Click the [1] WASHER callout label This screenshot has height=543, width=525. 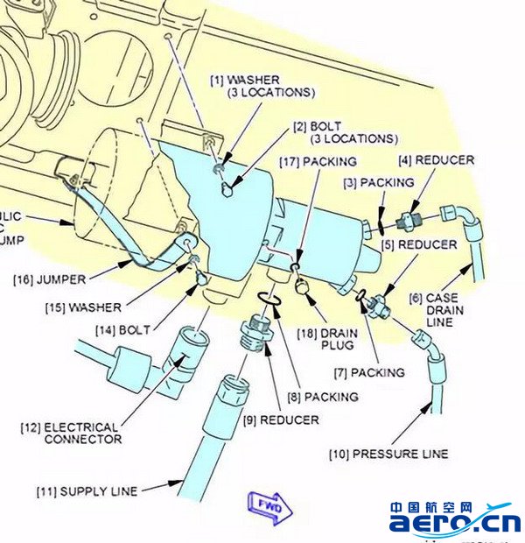(261, 86)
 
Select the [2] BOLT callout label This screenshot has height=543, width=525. (345, 132)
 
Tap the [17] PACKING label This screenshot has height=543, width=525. (318, 162)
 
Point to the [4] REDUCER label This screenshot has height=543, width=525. (435, 160)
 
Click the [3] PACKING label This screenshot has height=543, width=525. (378, 183)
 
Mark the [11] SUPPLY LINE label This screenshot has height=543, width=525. (87, 491)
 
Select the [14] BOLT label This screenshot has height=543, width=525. (122, 329)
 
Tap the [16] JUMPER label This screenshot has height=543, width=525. (49, 279)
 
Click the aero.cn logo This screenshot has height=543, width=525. (454, 518)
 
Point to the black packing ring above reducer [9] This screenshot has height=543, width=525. (269, 301)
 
